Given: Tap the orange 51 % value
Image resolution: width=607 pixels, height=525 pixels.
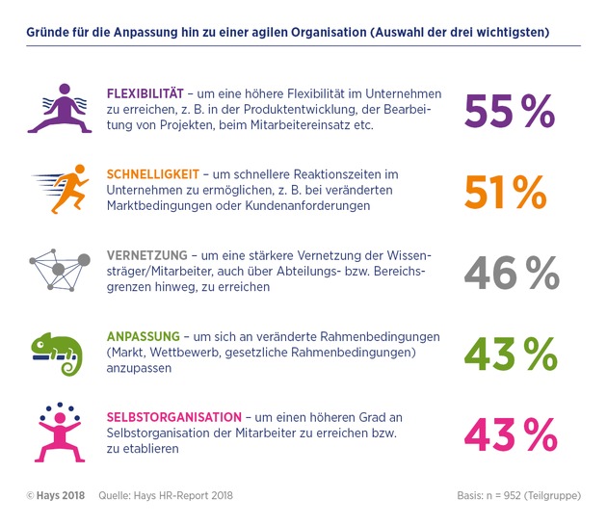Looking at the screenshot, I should (505, 193).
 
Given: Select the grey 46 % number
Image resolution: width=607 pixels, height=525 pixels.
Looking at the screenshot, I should (509, 273).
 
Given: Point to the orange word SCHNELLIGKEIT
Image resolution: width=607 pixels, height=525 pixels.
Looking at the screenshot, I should (153, 174).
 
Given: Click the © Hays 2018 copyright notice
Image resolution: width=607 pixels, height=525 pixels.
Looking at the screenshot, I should (55, 495).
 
